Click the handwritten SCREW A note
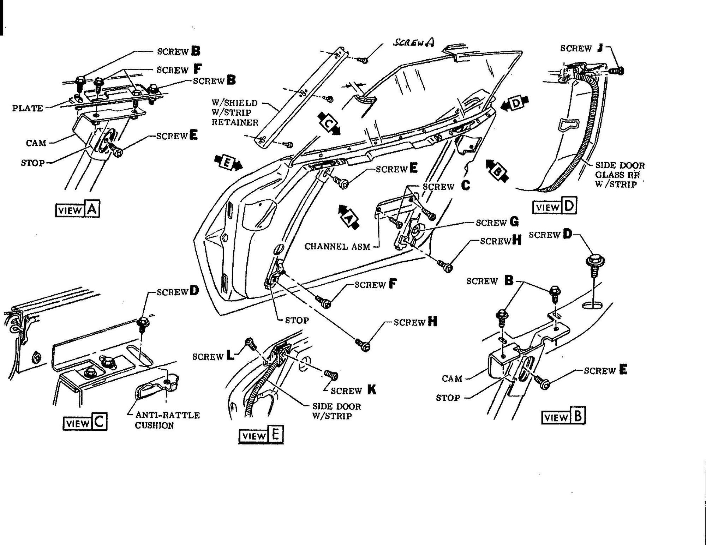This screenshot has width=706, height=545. (x=414, y=42)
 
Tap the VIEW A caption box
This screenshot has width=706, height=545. (x=78, y=210)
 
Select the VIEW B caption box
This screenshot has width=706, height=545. (x=563, y=417)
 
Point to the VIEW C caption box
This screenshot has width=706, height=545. (x=85, y=422)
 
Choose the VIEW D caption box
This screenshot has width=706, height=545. (x=555, y=206)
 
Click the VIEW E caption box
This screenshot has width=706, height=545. (x=261, y=435)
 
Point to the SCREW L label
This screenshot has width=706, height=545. (x=213, y=357)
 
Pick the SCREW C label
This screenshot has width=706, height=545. (x=447, y=186)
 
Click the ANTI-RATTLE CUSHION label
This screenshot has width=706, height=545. (x=167, y=420)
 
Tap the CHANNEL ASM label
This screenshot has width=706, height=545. (x=337, y=247)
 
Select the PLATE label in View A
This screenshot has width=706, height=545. (x=28, y=108)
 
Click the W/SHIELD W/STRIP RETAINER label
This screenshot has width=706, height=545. (x=235, y=113)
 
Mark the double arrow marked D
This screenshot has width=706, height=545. (x=516, y=103)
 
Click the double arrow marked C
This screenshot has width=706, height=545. (x=329, y=123)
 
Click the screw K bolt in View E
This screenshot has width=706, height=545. (x=331, y=376)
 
